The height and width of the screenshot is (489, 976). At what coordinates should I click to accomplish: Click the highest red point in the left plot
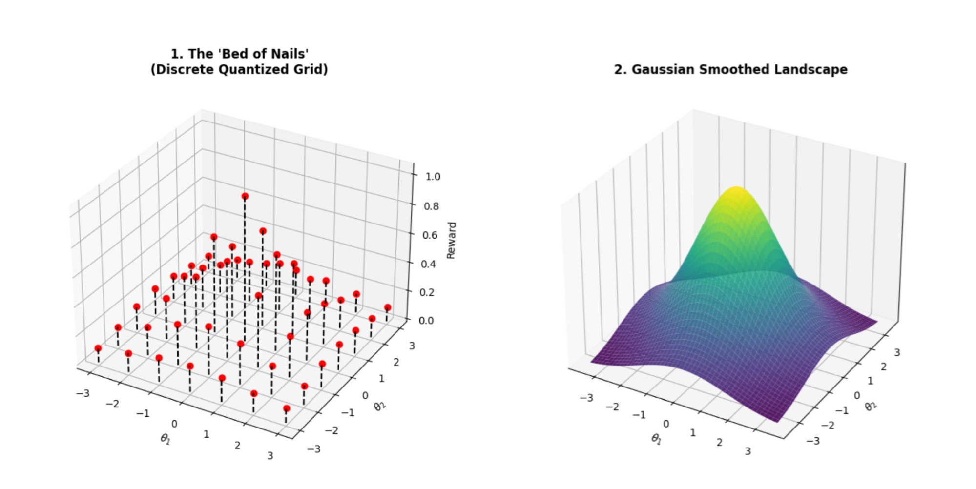[x=245, y=196]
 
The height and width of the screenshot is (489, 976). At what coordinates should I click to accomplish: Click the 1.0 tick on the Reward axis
[x=433, y=177]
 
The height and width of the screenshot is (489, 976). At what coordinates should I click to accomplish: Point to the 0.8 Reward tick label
[x=432, y=206]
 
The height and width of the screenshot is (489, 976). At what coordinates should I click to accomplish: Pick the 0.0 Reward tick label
[x=426, y=321]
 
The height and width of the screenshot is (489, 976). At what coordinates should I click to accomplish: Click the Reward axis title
[x=452, y=241]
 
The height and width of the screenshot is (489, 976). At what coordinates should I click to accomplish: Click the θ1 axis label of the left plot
[x=166, y=439]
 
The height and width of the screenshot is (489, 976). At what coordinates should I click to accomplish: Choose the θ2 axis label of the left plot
[x=380, y=406]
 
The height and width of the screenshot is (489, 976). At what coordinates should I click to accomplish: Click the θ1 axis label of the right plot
[x=657, y=439]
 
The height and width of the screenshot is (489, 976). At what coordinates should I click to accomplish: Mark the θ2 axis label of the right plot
[x=871, y=406]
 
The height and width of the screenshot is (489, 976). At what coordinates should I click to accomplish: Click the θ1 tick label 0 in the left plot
[x=174, y=424]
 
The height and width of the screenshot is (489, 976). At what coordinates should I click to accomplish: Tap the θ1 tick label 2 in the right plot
[x=720, y=443]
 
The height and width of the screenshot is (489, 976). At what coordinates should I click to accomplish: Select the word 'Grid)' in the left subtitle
[x=311, y=70]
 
